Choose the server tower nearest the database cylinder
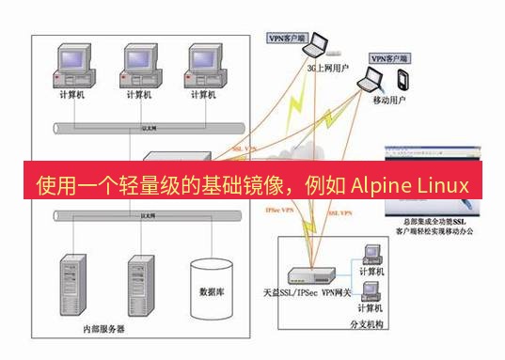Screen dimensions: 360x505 point(141,282)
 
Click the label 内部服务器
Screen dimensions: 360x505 point(103,330)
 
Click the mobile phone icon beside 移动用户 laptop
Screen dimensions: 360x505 point(402,77)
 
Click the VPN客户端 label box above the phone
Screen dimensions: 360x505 point(393,57)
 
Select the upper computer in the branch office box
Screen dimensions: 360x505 point(371,253)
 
